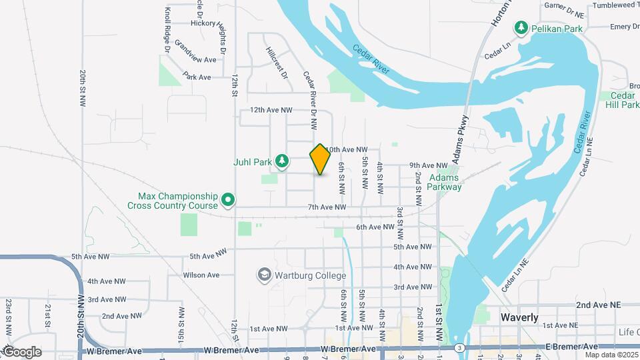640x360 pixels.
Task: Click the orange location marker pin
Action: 320,159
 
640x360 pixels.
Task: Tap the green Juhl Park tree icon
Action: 283,161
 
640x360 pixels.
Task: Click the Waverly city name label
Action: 519,318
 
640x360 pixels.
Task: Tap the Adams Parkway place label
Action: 445,183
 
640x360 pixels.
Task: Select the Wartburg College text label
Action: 310,275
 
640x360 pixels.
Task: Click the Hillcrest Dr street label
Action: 276,63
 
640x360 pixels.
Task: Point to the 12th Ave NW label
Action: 271,109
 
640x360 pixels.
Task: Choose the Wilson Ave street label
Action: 201,275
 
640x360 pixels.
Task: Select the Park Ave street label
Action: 197,77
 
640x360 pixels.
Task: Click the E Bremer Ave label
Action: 571,347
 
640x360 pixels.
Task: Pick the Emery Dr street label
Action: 625,27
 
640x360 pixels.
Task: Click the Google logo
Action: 23,352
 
